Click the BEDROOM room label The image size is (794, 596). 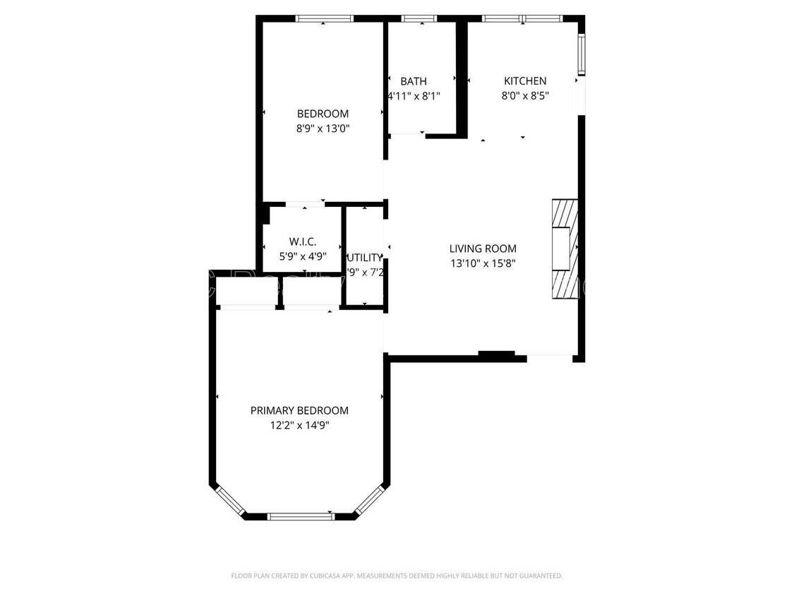[x=323, y=114]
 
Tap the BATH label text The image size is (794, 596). [x=413, y=81]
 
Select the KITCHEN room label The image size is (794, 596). [x=524, y=81]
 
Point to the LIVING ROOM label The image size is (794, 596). [x=483, y=249]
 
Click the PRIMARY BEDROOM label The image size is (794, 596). [x=299, y=410]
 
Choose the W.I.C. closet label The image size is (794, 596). [x=302, y=242]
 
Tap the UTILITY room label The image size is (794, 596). [x=365, y=258]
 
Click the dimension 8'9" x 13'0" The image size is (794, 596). [x=323, y=129]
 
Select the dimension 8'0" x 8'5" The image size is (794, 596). [x=524, y=96]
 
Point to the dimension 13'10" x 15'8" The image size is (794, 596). [x=483, y=263]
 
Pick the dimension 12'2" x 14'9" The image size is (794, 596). [x=299, y=425]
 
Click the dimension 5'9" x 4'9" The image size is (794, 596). [x=302, y=256]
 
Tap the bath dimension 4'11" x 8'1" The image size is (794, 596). [x=414, y=96]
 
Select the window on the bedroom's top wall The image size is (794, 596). [x=324, y=19]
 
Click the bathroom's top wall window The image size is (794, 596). [x=419, y=19]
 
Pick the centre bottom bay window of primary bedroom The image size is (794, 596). [x=301, y=516]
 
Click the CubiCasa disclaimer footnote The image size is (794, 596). [x=397, y=576]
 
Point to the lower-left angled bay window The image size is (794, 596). [x=230, y=499]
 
